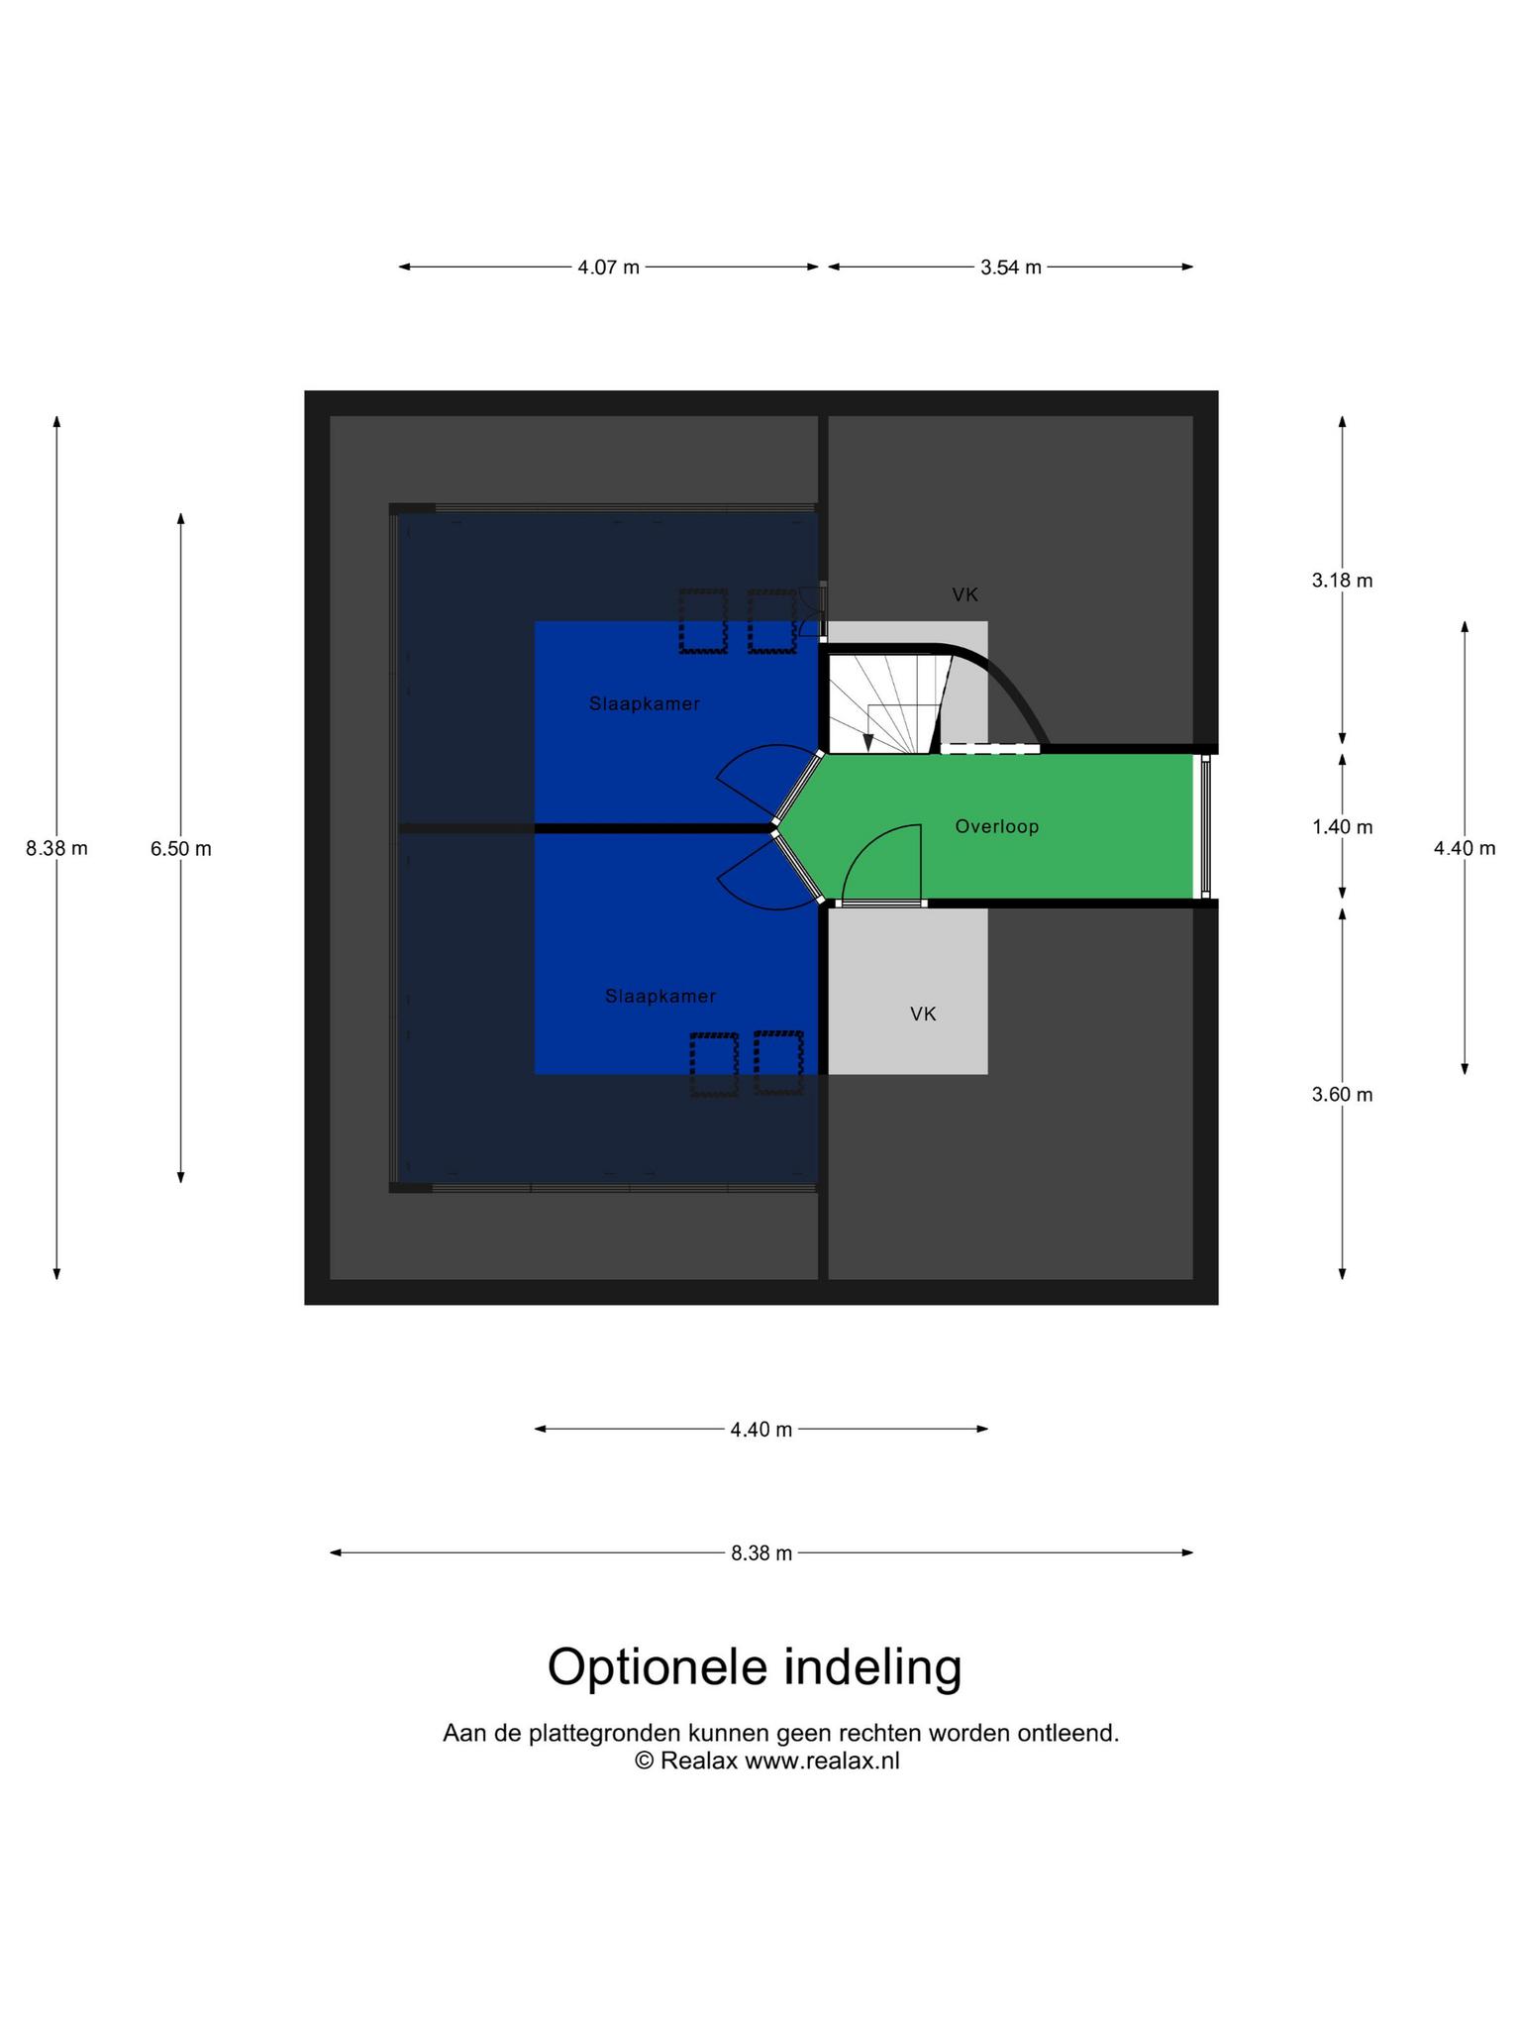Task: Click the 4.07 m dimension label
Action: click(608, 267)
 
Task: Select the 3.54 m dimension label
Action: click(1010, 267)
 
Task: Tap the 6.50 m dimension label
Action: click(180, 849)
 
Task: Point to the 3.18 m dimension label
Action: click(1342, 581)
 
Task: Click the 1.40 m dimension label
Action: click(1342, 827)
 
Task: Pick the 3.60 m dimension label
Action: click(1342, 1095)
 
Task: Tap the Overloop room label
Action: click(997, 826)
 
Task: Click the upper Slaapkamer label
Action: click(645, 704)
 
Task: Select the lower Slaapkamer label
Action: click(660, 997)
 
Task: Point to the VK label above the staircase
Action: click(965, 594)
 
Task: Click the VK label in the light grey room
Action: click(923, 1014)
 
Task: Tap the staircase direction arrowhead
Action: click(868, 741)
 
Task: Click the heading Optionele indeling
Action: click(755, 1668)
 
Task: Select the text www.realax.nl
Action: click(822, 1761)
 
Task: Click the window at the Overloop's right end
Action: click(1205, 827)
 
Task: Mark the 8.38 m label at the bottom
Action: click(761, 1553)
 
